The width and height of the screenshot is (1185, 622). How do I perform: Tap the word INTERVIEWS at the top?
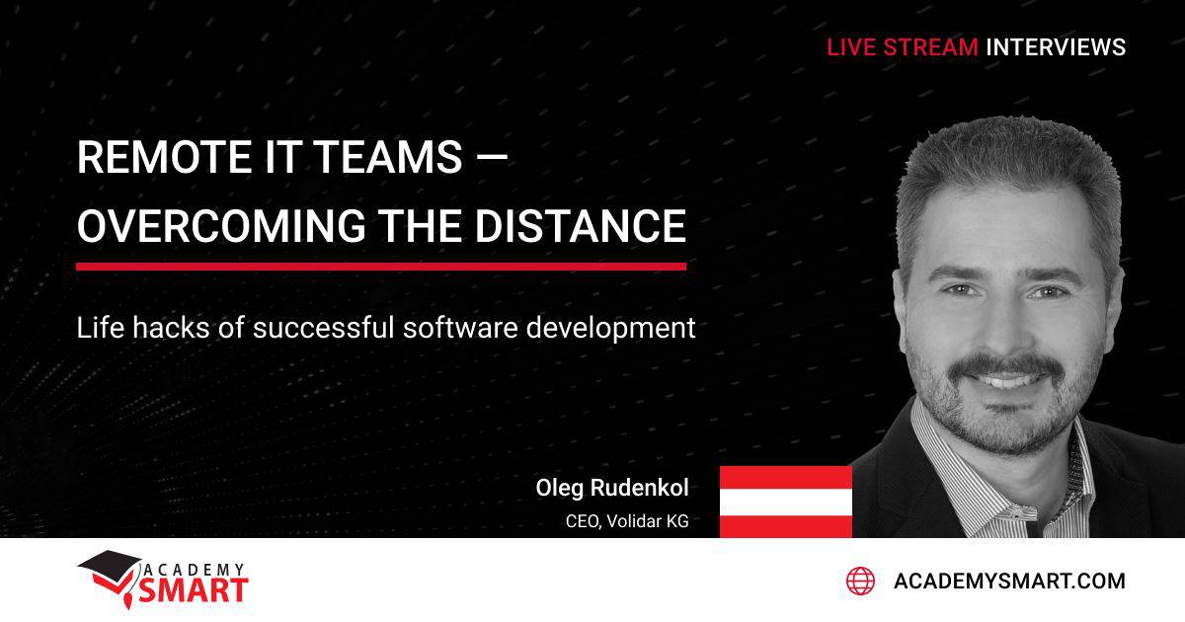tap(1055, 46)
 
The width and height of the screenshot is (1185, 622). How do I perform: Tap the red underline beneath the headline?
tap(380, 266)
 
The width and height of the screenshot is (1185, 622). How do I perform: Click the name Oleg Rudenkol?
tap(611, 488)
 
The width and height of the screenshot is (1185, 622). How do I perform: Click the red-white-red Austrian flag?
tap(785, 502)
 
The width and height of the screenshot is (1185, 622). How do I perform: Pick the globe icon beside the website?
tap(860, 581)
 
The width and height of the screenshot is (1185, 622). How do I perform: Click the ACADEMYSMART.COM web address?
tap(1008, 581)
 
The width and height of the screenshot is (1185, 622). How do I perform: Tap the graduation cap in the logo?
tap(110, 567)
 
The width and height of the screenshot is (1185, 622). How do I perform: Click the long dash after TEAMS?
tap(491, 158)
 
